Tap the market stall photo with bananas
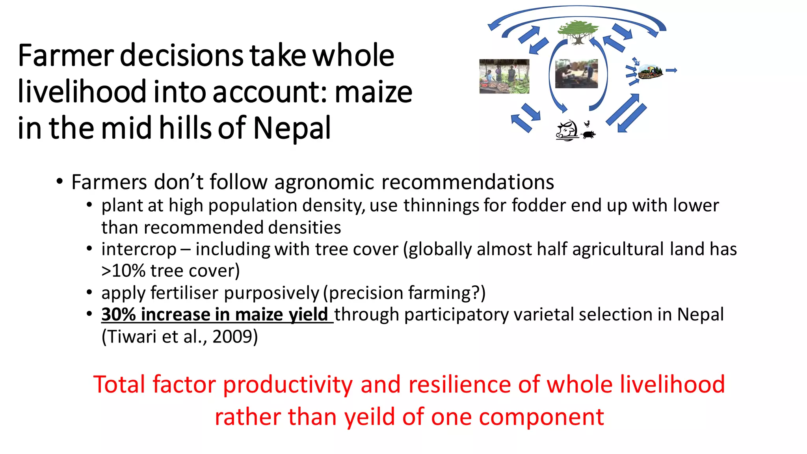pos(504,76)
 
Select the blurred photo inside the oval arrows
pos(576,74)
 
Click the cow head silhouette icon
pos(567,130)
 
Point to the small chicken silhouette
pos(587,124)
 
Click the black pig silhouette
pos(589,135)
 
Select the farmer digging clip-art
pos(650,72)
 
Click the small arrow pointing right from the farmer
pos(671,71)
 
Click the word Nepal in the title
pos(292,128)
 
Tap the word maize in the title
pos(373,92)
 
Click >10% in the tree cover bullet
pos(123,271)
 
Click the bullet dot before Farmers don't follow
pos(60,182)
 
